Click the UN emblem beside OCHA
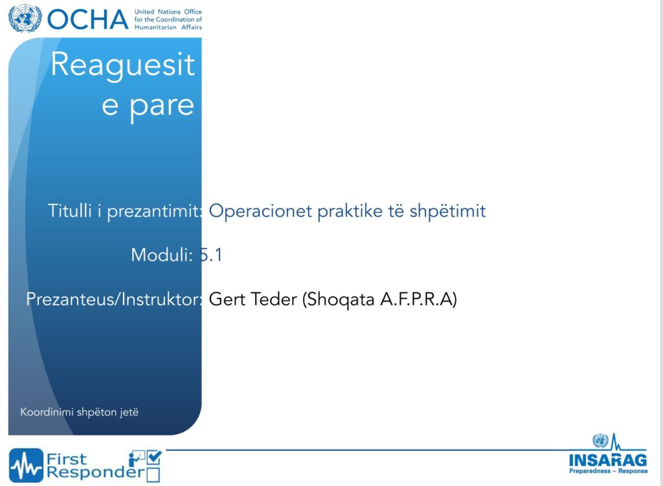pyautogui.click(x=25, y=19)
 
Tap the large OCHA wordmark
pyautogui.click(x=87, y=20)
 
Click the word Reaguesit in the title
pyautogui.click(x=122, y=65)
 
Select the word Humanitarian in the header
pyautogui.click(x=155, y=27)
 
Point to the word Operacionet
pyautogui.click(x=260, y=210)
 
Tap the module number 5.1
pyautogui.click(x=210, y=255)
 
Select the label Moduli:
pyautogui.click(x=162, y=255)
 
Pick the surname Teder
pyautogui.click(x=274, y=299)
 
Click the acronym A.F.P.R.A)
pyautogui.click(x=419, y=299)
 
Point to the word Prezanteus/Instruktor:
pyautogui.click(x=114, y=299)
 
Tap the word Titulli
pyautogui.click(x=70, y=210)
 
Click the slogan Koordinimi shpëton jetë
pyautogui.click(x=80, y=412)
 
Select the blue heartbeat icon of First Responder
pyautogui.click(x=26, y=465)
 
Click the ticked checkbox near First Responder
pyautogui.click(x=154, y=458)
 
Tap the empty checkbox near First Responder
pyautogui.click(x=153, y=475)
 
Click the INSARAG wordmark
pyautogui.click(x=608, y=460)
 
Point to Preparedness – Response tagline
pyautogui.click(x=608, y=471)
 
